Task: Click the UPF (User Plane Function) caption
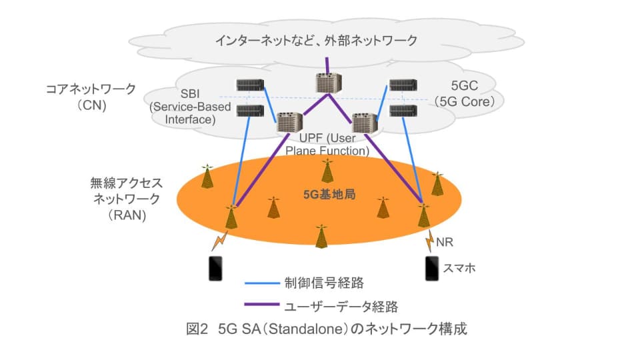coord(327,145)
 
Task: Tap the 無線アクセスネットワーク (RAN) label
coord(126,199)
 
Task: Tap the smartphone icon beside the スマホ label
coord(431,268)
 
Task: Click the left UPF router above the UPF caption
coord(289,124)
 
